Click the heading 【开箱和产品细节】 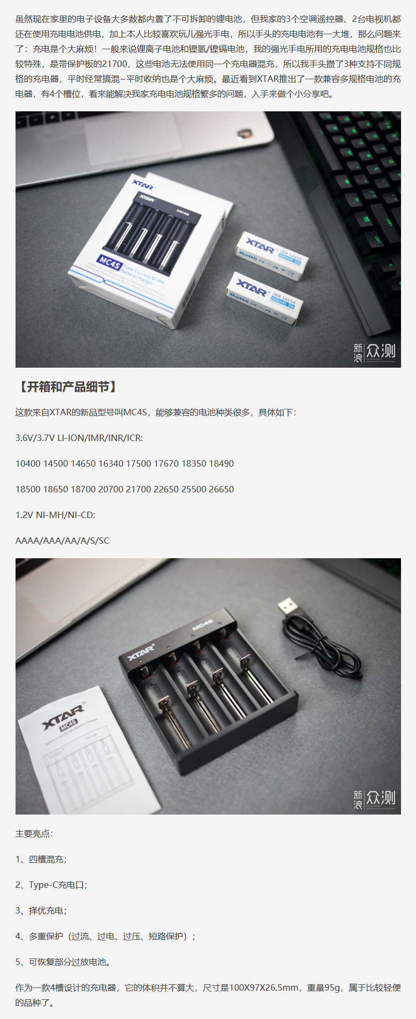[67, 387]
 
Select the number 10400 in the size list [28, 463]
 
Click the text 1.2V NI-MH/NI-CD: [56, 515]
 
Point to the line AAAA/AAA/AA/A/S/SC [62, 541]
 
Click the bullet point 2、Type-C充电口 [51, 885]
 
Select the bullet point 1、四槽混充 [41, 859]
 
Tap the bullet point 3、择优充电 [41, 910]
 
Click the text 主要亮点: [34, 833]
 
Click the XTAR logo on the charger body [141, 652]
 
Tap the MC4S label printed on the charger [203, 624]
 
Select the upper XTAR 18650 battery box [273, 256]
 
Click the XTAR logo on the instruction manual [63, 716]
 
